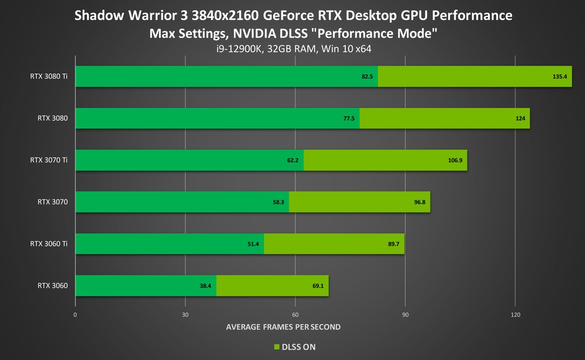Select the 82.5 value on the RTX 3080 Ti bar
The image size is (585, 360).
point(367,77)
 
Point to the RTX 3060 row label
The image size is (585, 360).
point(53,286)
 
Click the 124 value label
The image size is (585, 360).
point(520,119)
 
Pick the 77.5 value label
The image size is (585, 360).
point(349,119)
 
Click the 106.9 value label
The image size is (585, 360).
point(455,160)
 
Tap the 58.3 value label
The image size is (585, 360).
point(278,202)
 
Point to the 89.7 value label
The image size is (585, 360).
point(393,244)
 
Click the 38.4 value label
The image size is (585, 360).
point(206,286)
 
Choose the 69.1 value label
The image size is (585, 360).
point(317,286)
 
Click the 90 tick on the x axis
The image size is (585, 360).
point(405,315)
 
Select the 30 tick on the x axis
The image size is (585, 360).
point(185,315)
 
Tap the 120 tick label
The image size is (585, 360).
point(515,315)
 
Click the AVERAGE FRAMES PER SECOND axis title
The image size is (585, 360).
point(283,327)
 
